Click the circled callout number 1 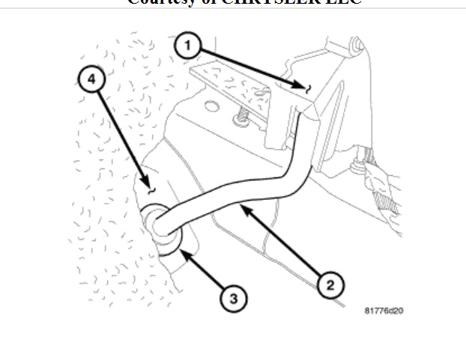pos(187,46)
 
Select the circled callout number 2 pos(330,284)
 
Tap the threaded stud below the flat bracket pos(240,118)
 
